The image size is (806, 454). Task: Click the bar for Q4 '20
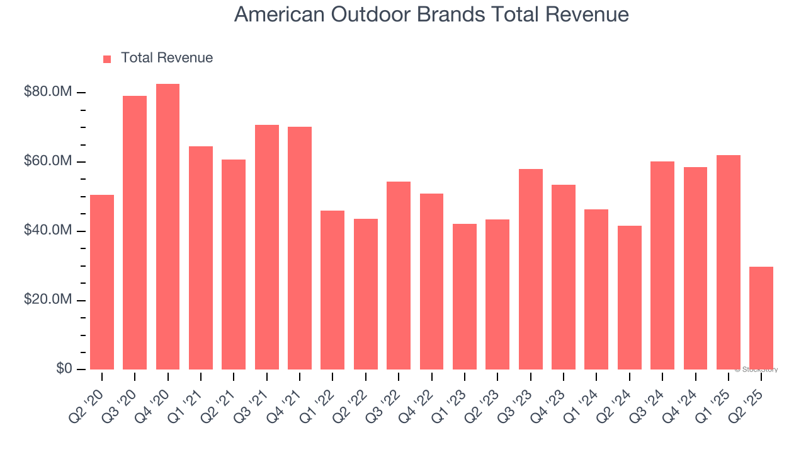(167, 227)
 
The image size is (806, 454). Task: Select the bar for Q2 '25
(761, 318)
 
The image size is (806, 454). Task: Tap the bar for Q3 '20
(135, 233)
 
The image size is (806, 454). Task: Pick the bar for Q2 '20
(102, 282)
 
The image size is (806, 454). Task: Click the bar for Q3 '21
(267, 247)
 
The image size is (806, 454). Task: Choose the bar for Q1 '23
(465, 296)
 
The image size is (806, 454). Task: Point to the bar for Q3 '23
(531, 269)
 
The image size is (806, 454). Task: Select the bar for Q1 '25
(729, 262)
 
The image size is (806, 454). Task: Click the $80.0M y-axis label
(47, 93)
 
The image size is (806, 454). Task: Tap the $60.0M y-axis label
(47, 162)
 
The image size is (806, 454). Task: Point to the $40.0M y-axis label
(47, 231)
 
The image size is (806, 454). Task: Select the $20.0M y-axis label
(47, 300)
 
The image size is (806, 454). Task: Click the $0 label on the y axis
(64, 369)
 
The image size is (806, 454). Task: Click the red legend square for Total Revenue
(107, 59)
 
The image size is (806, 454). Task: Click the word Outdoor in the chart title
(360, 15)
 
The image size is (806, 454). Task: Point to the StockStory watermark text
(756, 370)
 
